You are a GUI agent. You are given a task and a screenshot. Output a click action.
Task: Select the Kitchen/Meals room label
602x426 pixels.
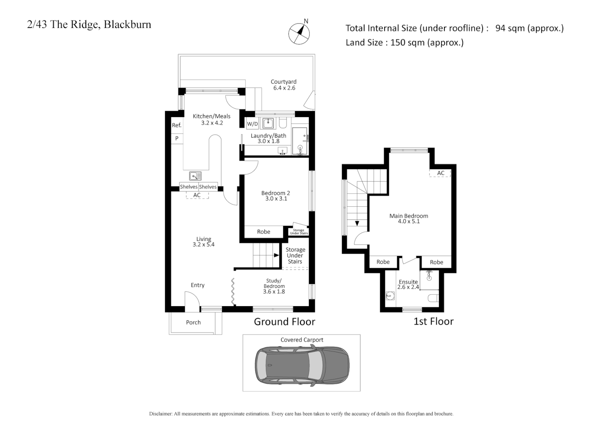pyautogui.click(x=212, y=116)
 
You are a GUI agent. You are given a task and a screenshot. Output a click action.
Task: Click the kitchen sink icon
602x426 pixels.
pyautogui.click(x=195, y=176)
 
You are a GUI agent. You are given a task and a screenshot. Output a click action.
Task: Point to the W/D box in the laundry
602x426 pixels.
pyautogui.click(x=252, y=124)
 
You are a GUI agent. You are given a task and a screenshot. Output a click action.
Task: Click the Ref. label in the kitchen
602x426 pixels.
pyautogui.click(x=177, y=125)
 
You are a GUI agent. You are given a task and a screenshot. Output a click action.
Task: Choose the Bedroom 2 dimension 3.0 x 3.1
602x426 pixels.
pyautogui.click(x=276, y=199)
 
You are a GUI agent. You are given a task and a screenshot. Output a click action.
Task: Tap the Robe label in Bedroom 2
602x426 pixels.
pyautogui.click(x=264, y=232)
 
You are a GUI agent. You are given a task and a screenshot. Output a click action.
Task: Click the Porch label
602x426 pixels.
pyautogui.click(x=193, y=323)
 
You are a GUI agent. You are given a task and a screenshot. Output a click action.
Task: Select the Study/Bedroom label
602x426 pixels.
pyautogui.click(x=274, y=284)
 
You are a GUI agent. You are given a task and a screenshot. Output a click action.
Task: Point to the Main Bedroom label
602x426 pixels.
pyautogui.click(x=409, y=216)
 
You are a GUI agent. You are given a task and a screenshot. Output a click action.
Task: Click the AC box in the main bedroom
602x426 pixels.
pyautogui.click(x=440, y=173)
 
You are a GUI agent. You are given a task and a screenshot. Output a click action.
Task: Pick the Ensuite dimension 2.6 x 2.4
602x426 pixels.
pyautogui.click(x=408, y=287)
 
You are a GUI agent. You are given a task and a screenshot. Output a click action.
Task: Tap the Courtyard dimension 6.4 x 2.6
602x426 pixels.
pyautogui.click(x=284, y=88)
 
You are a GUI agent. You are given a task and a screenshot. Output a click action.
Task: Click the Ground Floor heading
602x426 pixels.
pyautogui.click(x=284, y=322)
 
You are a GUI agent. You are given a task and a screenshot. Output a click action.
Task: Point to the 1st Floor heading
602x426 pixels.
pyautogui.click(x=433, y=321)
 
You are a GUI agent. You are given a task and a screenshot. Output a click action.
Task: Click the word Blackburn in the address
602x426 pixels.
pyautogui.click(x=127, y=24)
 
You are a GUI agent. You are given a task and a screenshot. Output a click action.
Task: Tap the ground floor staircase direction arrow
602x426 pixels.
pyautogui.click(x=276, y=255)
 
